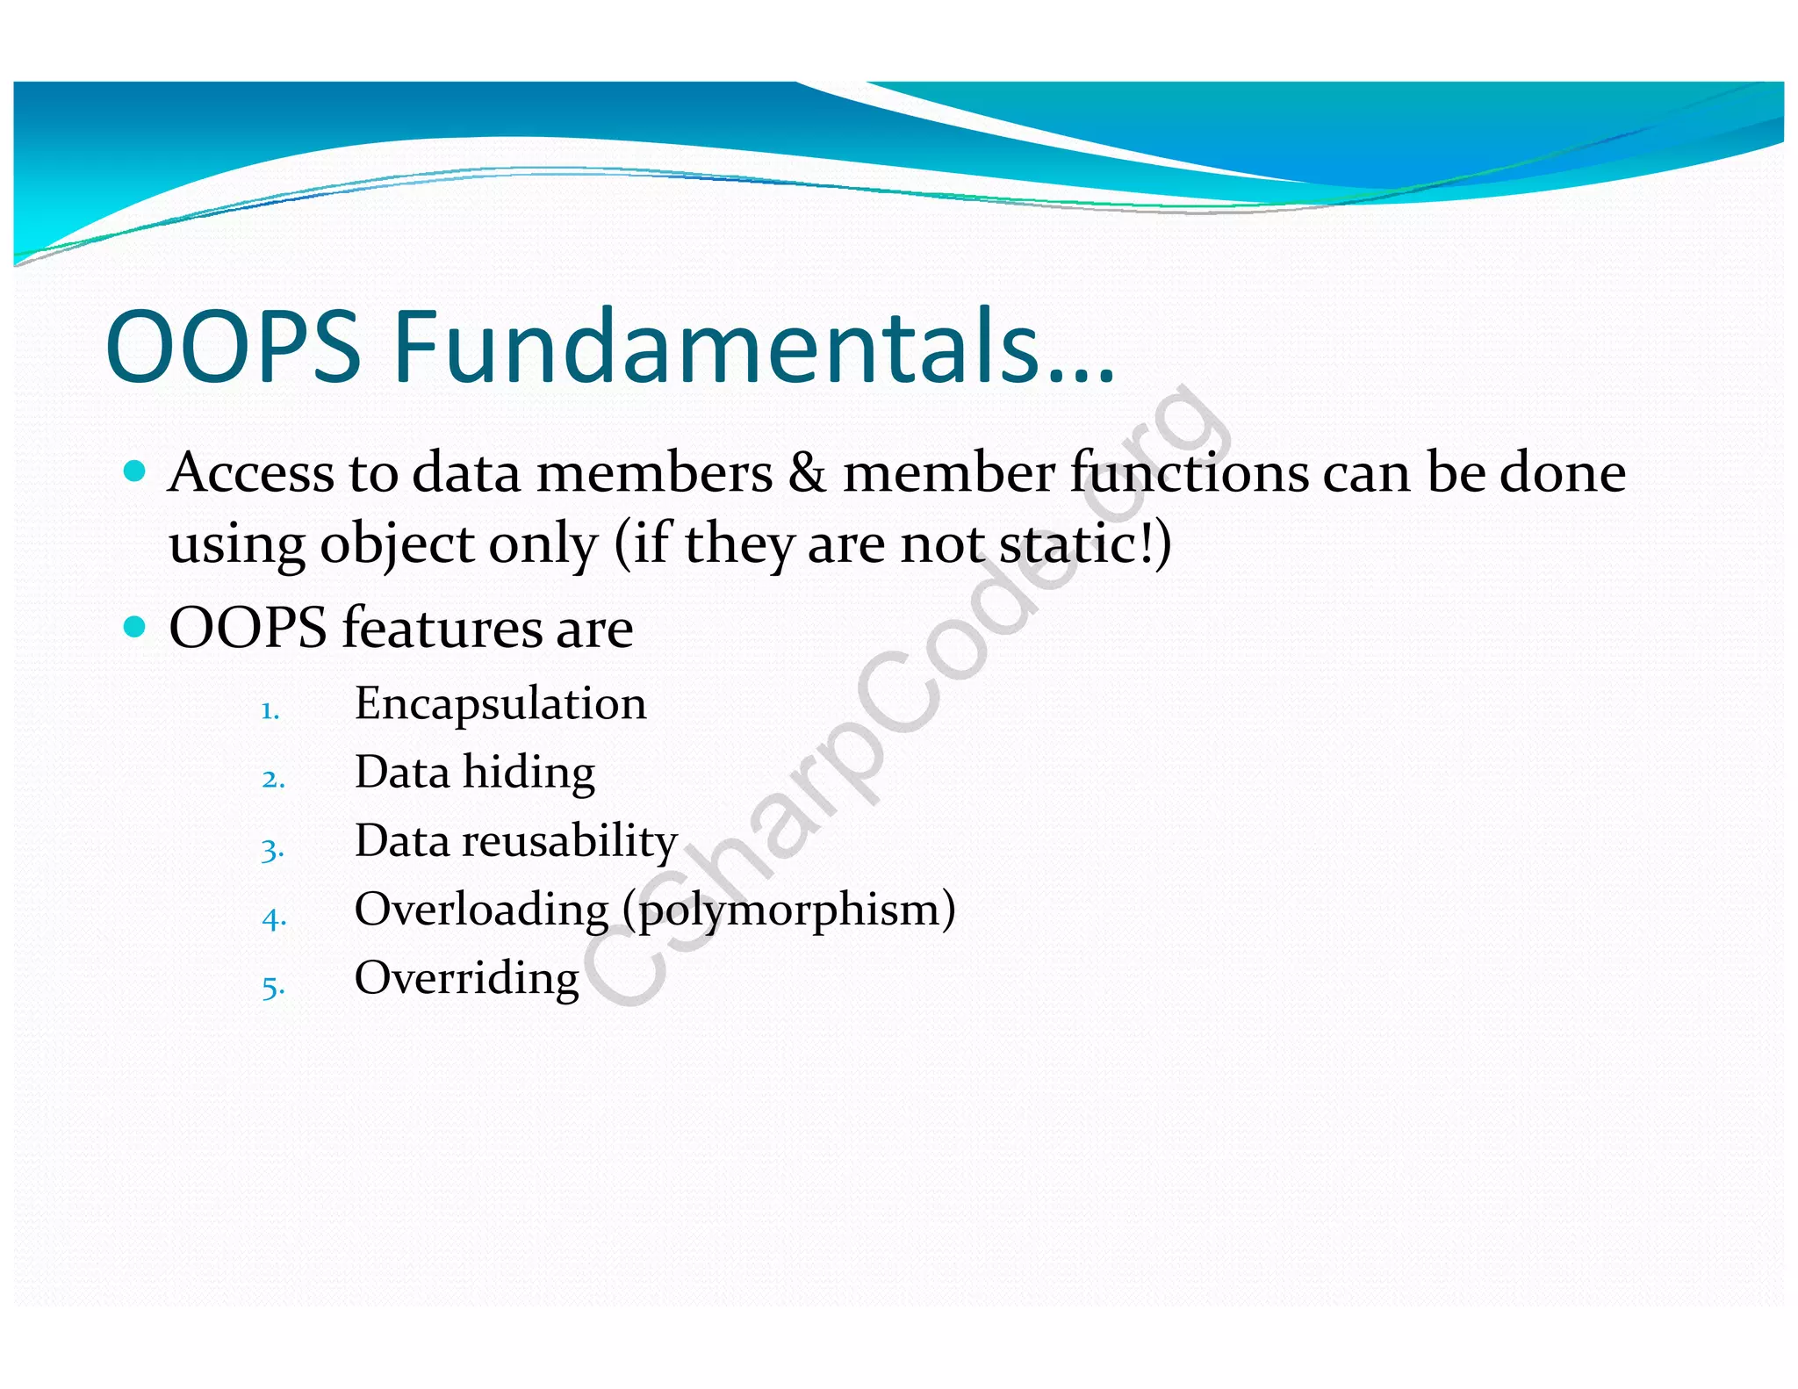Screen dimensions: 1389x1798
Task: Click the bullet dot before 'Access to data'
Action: click(x=134, y=471)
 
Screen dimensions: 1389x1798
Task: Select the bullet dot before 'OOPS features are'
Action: click(x=134, y=626)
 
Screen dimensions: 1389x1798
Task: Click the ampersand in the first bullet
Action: click(x=807, y=473)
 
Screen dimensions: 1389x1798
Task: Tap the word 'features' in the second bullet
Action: click(x=441, y=629)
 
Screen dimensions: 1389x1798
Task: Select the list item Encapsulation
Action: click(x=500, y=704)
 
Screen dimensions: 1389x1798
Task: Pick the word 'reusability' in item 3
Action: click(x=570, y=841)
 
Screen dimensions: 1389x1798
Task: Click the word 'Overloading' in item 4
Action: click(x=481, y=910)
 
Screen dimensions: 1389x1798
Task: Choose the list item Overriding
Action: click(x=466, y=978)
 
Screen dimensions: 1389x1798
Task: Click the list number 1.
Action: click(x=270, y=710)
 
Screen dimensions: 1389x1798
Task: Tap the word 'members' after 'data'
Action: click(x=654, y=473)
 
